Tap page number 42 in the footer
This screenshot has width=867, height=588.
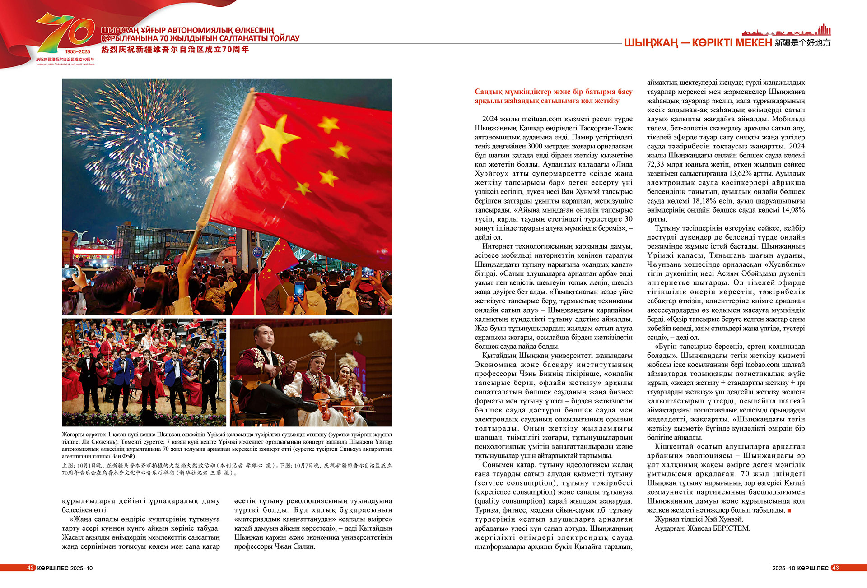coord(30,568)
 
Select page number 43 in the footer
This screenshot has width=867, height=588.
coord(835,568)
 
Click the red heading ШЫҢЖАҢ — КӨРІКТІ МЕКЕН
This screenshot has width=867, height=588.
coord(698,43)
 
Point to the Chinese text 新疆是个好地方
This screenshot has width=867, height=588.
coord(802,43)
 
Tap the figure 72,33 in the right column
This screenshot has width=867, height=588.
coord(657,164)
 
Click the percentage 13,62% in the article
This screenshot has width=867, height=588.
coord(741,173)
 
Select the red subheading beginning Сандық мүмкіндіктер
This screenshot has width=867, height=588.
coord(553,96)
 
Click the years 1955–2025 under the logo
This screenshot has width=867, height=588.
coord(77,51)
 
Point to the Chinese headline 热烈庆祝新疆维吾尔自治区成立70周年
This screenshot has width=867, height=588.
coord(175,50)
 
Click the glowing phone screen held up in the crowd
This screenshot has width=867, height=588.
coord(299,291)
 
